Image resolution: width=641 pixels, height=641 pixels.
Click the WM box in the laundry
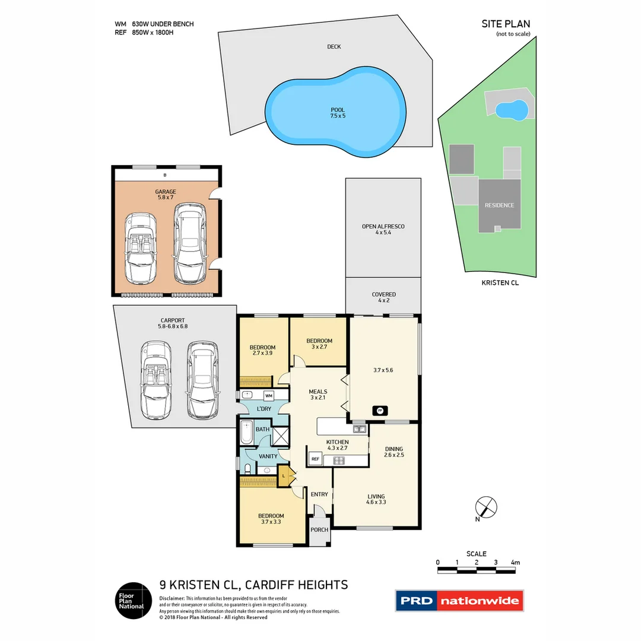click(x=268, y=395)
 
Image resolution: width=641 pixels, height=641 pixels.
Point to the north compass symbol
click(x=487, y=507)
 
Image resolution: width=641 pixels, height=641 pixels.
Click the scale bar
click(x=477, y=570)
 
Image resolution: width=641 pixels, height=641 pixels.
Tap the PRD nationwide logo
click(x=460, y=601)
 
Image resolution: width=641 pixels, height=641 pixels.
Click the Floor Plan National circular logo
click(x=131, y=601)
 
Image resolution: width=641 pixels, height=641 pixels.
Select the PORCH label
click(x=319, y=530)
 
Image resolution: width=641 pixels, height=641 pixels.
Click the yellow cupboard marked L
click(x=284, y=475)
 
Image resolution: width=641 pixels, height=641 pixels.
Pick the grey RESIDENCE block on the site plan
click(x=499, y=205)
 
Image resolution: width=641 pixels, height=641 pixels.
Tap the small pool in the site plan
click(x=511, y=109)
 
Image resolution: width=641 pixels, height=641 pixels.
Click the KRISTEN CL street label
click(x=500, y=283)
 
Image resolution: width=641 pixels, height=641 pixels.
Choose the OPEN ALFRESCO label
click(x=383, y=227)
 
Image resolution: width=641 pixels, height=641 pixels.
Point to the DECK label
click(x=334, y=46)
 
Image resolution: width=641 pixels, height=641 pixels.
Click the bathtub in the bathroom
click(x=245, y=433)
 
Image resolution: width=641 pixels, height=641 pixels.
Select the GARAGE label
click(x=166, y=192)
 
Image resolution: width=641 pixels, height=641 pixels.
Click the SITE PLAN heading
click(x=506, y=24)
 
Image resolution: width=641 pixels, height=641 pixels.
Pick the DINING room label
click(x=394, y=449)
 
